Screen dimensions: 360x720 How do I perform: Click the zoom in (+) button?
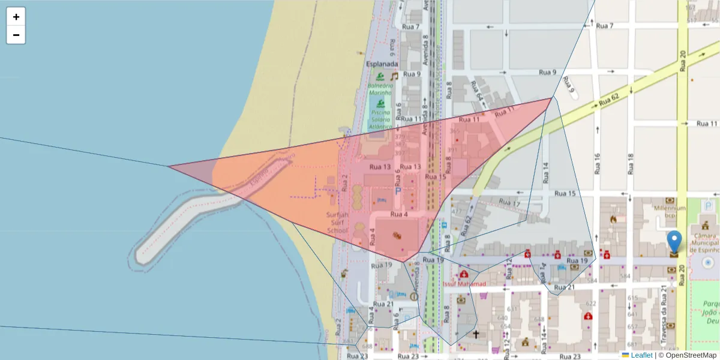tap(16, 17)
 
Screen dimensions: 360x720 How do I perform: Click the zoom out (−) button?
tap(16, 35)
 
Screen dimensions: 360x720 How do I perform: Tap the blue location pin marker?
tap(674, 242)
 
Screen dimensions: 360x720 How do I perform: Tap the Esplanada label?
tap(382, 64)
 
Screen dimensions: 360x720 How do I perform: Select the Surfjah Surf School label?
tap(337, 223)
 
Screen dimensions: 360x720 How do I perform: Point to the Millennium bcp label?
tap(669, 212)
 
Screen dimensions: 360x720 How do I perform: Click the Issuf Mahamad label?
tap(464, 283)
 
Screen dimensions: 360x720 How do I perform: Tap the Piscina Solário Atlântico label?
tap(381, 119)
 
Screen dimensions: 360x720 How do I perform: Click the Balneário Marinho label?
tap(380, 89)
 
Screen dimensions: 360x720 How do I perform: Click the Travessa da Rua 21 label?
tap(664, 316)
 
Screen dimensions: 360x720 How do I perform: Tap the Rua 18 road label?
tap(630, 164)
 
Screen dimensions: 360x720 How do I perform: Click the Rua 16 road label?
tap(597, 164)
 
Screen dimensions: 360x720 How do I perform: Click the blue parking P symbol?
tap(397, 191)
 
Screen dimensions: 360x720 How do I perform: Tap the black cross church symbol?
tap(476, 334)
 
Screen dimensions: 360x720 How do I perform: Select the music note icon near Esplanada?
tap(394, 76)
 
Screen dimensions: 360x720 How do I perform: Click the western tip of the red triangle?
tap(169, 166)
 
